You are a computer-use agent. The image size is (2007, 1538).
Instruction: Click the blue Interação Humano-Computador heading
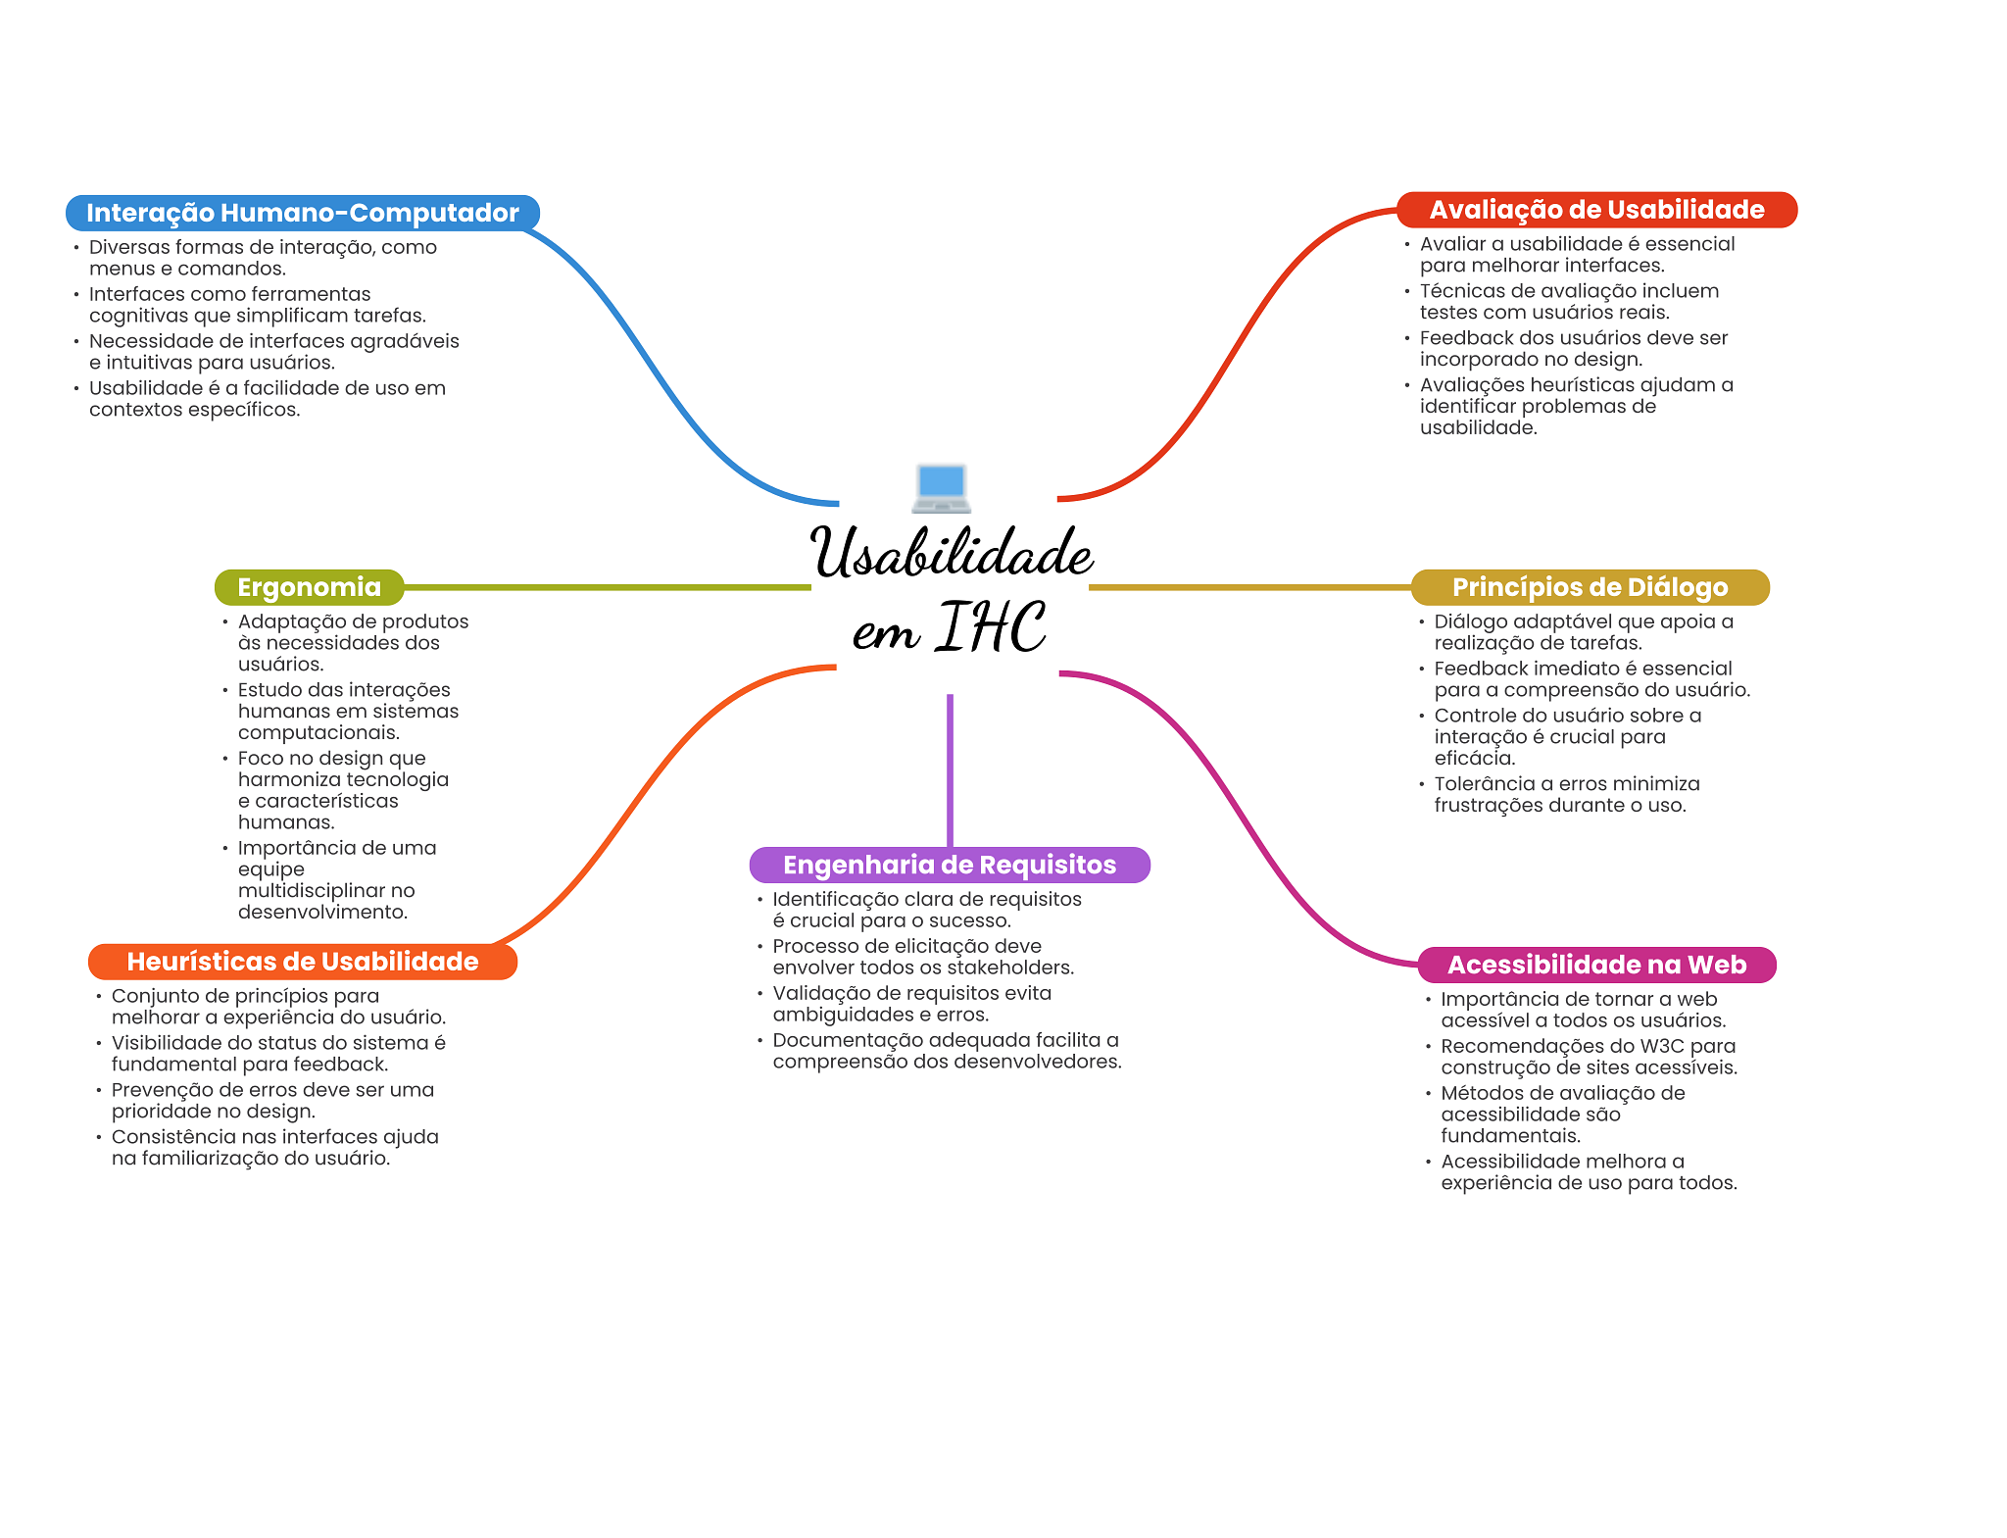[x=302, y=213]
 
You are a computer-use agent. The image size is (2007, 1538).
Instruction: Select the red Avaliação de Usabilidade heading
[x=1596, y=210]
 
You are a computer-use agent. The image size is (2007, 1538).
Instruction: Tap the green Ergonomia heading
[x=309, y=587]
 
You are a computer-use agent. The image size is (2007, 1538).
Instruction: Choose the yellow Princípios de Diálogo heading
[x=1590, y=587]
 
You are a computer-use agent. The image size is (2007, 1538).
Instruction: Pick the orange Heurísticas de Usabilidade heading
[x=302, y=962]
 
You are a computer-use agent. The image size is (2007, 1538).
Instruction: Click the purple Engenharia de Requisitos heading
[x=949, y=865]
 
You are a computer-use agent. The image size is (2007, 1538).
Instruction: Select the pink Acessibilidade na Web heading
[x=1596, y=965]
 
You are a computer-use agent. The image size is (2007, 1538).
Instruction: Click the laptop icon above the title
[x=941, y=488]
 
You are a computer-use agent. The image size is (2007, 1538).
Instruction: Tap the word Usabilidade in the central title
[x=951, y=554]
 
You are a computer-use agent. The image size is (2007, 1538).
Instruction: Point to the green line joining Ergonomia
[x=608, y=587]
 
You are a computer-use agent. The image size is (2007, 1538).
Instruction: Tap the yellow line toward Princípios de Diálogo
[x=1249, y=587]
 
